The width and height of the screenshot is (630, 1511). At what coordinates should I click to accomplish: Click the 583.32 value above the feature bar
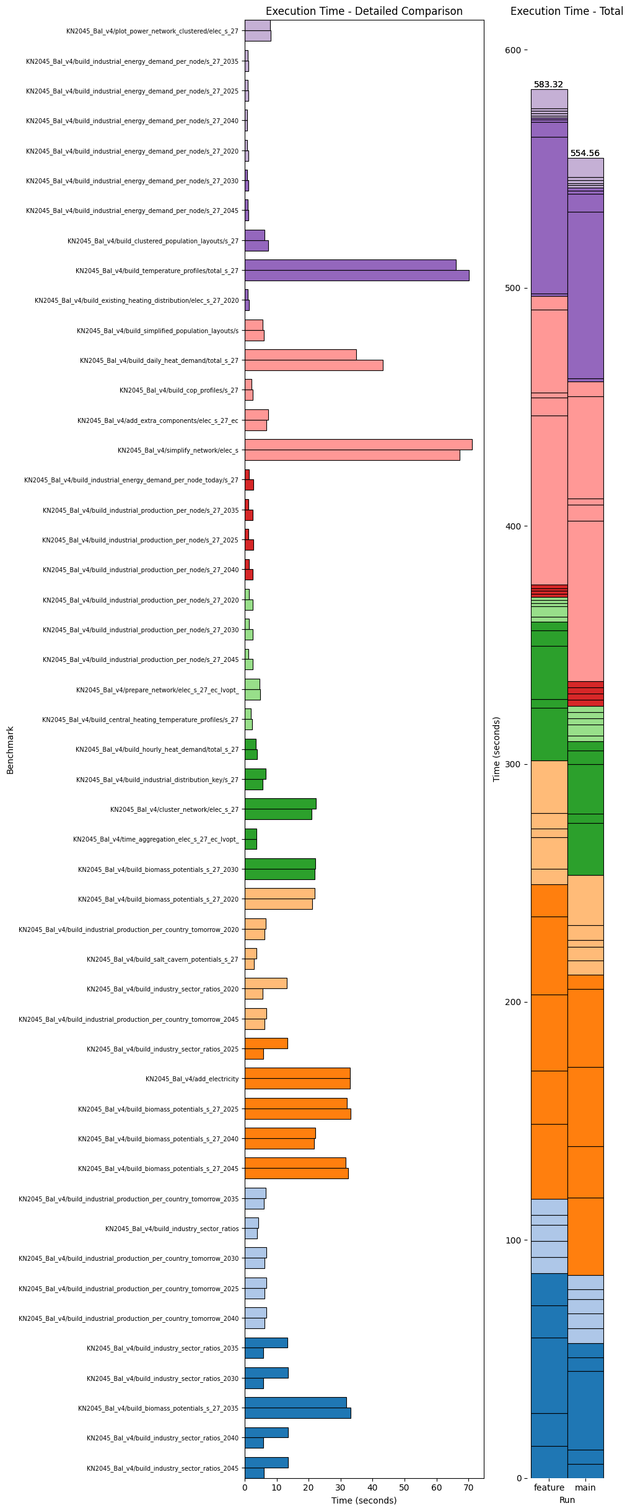[x=548, y=85]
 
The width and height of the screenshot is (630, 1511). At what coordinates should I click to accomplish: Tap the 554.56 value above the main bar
[x=585, y=154]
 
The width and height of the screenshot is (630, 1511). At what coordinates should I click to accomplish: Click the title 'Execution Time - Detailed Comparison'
[x=364, y=11]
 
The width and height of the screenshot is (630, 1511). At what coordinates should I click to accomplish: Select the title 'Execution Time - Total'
[x=566, y=11]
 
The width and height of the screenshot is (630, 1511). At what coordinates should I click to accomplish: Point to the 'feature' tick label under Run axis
[x=549, y=1487]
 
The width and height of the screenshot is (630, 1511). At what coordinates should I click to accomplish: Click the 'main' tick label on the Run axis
[x=585, y=1487]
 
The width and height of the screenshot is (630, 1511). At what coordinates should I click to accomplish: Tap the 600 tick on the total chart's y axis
[x=514, y=50]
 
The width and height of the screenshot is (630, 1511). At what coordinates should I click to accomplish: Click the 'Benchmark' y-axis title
[x=11, y=749]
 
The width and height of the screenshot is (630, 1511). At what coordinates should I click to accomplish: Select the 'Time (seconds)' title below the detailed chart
[x=364, y=1500]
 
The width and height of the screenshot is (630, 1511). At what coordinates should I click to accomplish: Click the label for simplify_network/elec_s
[x=178, y=450]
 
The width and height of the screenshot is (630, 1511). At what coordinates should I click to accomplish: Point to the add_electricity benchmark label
[x=192, y=1079]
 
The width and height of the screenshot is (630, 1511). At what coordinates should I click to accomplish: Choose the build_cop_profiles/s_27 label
[x=178, y=390]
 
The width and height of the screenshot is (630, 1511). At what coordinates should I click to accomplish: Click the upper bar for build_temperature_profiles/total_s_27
[x=350, y=265]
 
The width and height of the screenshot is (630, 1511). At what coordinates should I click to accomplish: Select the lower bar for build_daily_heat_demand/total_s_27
[x=313, y=365]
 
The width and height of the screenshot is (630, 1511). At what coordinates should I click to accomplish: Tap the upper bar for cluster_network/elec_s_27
[x=280, y=804]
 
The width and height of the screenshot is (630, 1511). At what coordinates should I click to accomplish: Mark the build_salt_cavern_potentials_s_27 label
[x=162, y=959]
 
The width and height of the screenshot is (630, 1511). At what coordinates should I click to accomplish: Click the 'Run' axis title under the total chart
[x=567, y=1500]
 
